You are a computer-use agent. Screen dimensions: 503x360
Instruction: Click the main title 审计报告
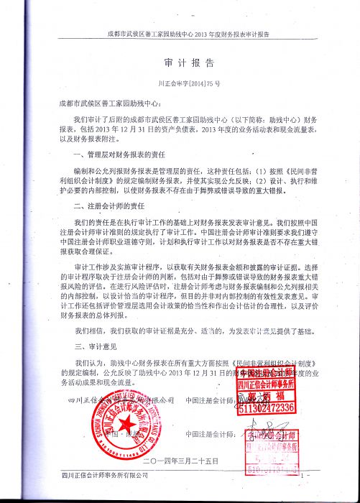188,63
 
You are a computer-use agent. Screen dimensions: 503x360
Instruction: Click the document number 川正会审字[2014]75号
188,83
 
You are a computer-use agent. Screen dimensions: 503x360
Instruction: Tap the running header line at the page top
188,34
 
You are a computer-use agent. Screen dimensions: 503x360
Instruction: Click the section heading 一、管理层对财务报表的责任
119,155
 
